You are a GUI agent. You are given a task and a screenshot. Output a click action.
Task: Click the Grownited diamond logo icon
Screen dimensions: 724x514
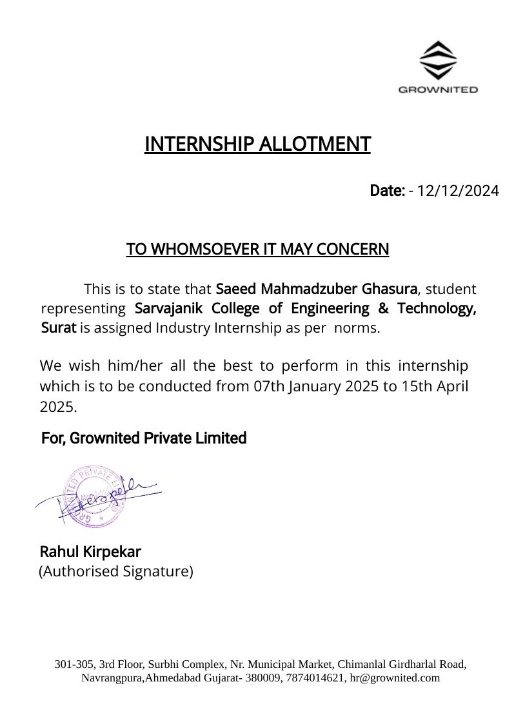point(438,60)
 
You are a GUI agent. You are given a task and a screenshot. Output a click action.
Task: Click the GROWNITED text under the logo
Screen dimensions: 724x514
point(438,90)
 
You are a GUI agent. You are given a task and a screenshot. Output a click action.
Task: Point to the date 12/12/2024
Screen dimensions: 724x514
point(458,191)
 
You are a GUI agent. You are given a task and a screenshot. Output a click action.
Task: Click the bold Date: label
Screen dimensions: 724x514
point(387,191)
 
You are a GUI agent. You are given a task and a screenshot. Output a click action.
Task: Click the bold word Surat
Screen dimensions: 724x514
point(59,328)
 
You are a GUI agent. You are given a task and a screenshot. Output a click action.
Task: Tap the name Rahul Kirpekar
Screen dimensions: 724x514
point(90,552)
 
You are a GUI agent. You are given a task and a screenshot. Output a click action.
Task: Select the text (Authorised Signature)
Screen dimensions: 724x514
point(116,571)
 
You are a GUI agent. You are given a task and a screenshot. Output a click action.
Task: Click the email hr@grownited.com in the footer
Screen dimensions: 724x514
point(395,678)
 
